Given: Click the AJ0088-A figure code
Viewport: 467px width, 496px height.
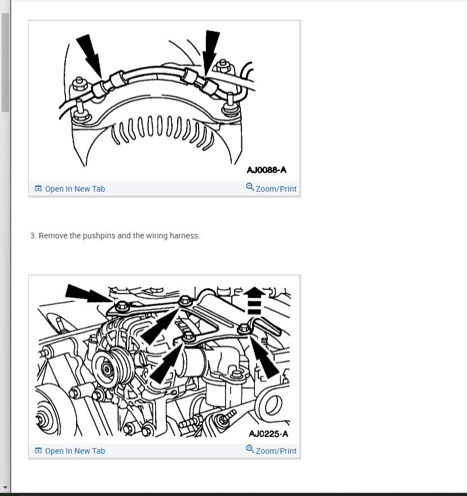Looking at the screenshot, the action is click(267, 170).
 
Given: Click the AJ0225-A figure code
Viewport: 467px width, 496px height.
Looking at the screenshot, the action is click(268, 433).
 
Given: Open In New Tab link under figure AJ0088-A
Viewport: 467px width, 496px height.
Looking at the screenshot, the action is click(74, 189).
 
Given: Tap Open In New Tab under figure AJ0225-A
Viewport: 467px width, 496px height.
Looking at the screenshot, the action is click(74, 451).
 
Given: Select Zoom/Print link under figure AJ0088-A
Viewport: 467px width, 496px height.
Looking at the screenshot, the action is click(276, 189).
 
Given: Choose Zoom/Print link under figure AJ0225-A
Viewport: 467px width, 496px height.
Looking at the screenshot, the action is click(276, 451).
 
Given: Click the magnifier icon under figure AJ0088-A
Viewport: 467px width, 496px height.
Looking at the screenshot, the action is click(250, 187).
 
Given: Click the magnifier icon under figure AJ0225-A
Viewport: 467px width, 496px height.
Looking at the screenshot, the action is click(250, 449).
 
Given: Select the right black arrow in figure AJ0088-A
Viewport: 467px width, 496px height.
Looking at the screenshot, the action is click(211, 54).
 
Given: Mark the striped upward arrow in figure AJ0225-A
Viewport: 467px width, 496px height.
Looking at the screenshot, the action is click(254, 300).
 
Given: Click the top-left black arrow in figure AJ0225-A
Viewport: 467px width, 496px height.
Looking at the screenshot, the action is click(89, 293).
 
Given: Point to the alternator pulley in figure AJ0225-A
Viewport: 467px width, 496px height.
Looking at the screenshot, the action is click(108, 369).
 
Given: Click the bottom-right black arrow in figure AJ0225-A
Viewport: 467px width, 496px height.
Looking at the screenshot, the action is click(265, 357).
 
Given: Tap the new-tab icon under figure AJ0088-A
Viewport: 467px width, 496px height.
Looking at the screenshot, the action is click(38, 188).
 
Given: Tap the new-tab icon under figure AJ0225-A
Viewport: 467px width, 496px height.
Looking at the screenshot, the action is click(38, 450).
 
